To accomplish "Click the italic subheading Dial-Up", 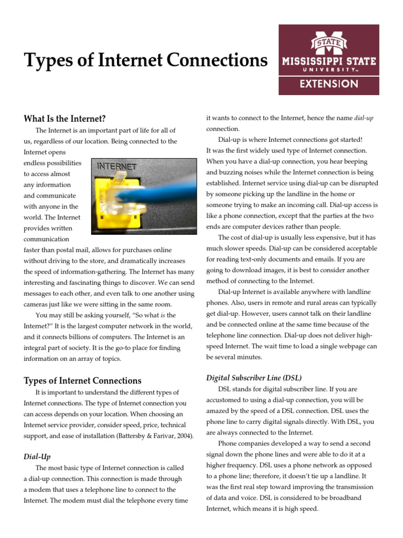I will click(37, 457).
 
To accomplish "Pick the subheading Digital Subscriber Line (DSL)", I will click(253, 378).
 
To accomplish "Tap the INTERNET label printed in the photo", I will click(116, 167).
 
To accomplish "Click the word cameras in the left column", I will click(37, 304).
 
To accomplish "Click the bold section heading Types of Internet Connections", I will click(82, 380).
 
